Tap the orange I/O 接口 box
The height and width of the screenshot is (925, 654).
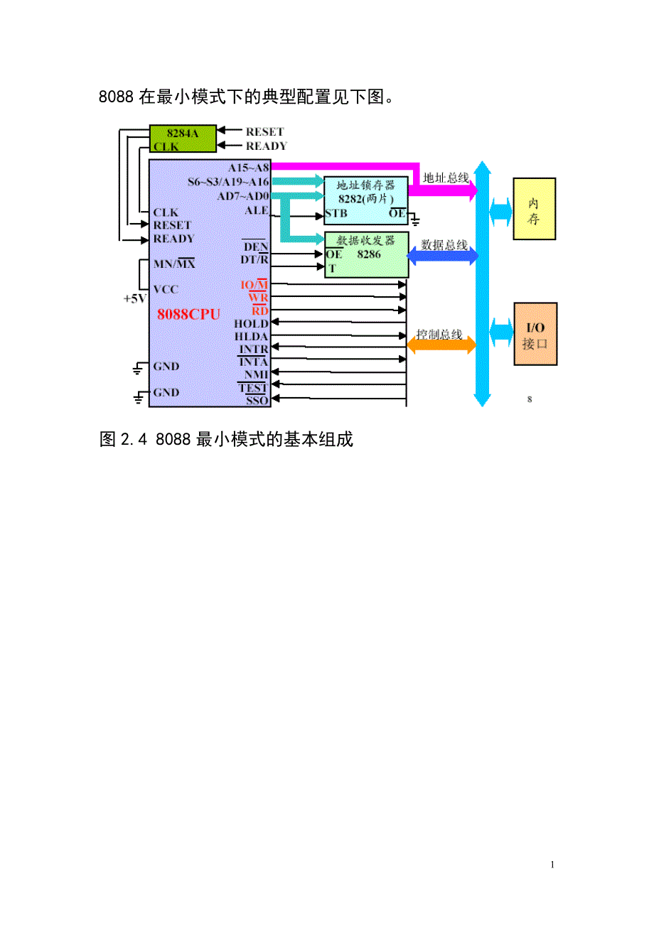535,334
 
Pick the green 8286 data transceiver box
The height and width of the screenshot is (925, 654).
366,254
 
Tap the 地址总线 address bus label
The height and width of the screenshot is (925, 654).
445,178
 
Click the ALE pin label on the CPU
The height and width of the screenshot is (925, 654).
257,210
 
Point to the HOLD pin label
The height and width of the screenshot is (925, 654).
251,323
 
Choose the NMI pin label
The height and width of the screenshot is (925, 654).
255,374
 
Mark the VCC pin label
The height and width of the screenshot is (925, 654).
166,289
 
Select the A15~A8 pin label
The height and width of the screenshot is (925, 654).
249,168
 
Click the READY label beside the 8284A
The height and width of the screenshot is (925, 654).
266,146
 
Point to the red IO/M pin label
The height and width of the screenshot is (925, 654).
254,286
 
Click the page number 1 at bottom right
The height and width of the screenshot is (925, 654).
552,865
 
